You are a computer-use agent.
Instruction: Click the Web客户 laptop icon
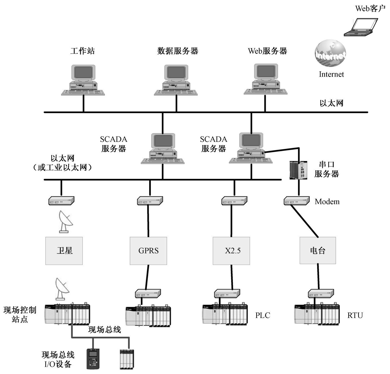(x=361, y=27)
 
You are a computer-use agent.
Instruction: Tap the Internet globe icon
(x=330, y=54)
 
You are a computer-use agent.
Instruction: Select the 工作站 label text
(x=82, y=51)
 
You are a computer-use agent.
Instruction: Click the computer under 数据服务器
(x=176, y=80)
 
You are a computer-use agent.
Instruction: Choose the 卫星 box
(x=64, y=251)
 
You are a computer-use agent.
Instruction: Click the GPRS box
(x=148, y=251)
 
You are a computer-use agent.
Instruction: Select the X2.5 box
(x=231, y=251)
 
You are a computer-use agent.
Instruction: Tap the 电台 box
(x=317, y=251)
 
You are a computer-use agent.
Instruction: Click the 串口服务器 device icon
(x=298, y=170)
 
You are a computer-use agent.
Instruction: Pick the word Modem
(x=327, y=202)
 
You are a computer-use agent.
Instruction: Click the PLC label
(x=262, y=315)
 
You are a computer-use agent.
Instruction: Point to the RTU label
(x=355, y=315)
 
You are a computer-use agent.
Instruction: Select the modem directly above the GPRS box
(x=150, y=201)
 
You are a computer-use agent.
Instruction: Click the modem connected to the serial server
(x=297, y=201)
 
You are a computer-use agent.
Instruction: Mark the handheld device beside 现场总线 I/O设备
(x=93, y=358)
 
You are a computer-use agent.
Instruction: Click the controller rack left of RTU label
(x=317, y=315)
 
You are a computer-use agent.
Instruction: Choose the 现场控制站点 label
(x=20, y=314)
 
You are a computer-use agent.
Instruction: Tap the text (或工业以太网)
(x=62, y=168)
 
